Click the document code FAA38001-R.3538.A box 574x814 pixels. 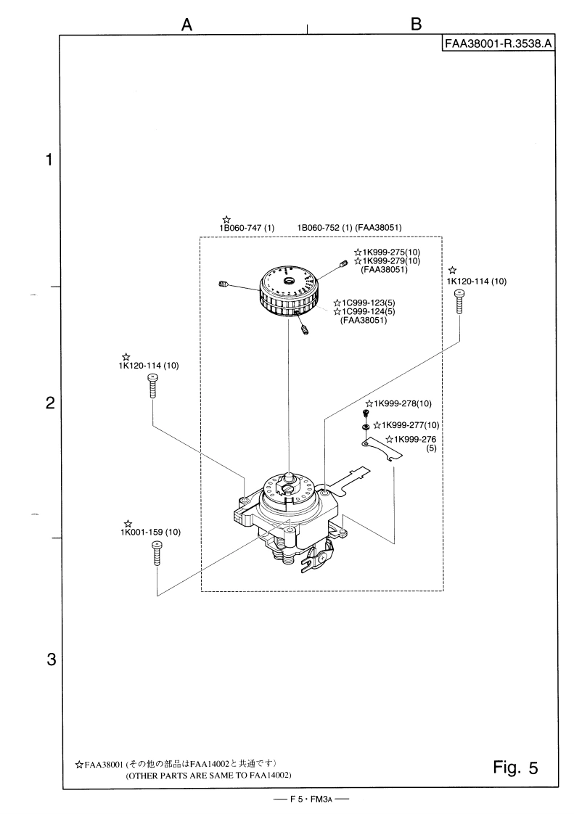[498, 44]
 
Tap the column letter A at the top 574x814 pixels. [187, 25]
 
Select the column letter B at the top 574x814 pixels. [416, 24]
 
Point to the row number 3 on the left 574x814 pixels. [51, 659]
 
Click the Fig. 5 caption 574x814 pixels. [515, 768]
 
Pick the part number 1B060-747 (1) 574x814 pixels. [247, 227]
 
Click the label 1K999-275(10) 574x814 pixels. [391, 252]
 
